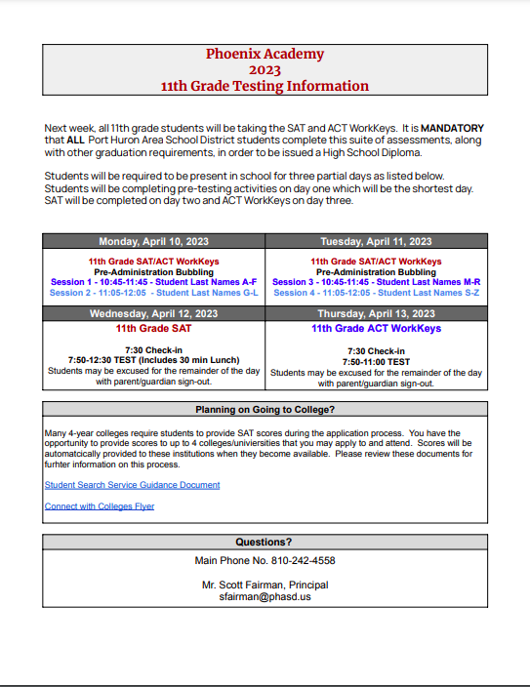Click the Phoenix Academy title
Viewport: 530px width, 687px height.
click(x=265, y=55)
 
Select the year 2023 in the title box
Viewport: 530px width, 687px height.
click(x=265, y=70)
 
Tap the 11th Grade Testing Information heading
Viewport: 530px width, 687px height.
click(x=265, y=87)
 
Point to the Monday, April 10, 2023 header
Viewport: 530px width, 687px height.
click(x=153, y=242)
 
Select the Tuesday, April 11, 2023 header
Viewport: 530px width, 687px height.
click(x=376, y=242)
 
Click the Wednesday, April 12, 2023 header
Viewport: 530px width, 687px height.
click(x=153, y=314)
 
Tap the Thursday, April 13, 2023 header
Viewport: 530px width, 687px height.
click(x=376, y=314)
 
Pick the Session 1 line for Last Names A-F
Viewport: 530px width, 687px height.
click(x=153, y=282)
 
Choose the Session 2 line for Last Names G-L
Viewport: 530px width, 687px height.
click(x=153, y=293)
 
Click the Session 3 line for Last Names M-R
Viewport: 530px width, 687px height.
click(x=376, y=282)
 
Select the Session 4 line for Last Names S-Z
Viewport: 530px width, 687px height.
click(x=376, y=293)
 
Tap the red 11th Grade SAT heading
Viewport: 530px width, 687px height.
click(x=153, y=329)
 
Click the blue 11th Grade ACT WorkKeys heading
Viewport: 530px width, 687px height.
click(x=376, y=329)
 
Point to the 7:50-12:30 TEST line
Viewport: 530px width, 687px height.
click(x=153, y=361)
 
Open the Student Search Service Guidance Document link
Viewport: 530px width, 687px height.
click(x=132, y=485)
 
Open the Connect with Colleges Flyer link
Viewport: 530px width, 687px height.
click(x=100, y=506)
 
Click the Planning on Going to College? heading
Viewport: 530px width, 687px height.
click(x=265, y=410)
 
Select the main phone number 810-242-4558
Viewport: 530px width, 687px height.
click(x=298, y=561)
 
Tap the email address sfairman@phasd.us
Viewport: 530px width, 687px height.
click(x=265, y=596)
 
